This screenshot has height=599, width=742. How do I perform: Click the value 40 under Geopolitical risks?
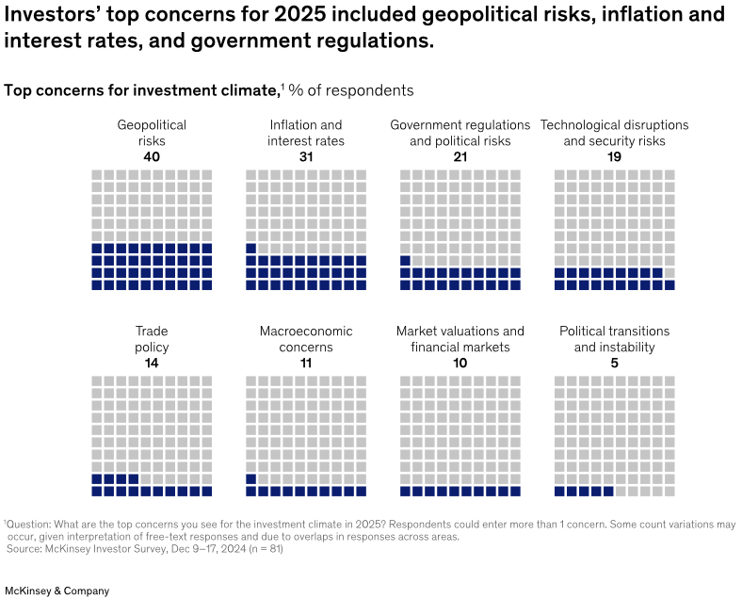coord(151,157)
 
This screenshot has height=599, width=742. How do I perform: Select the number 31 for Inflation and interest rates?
coord(305,157)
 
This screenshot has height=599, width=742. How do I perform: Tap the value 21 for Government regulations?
coord(460,157)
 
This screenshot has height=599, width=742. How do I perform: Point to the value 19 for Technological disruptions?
coord(614,157)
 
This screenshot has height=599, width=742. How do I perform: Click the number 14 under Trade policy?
coord(151,364)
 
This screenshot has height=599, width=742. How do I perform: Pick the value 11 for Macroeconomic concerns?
coord(305,364)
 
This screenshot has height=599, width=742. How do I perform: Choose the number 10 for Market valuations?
coord(460,364)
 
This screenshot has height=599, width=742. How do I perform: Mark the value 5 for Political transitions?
coord(614,364)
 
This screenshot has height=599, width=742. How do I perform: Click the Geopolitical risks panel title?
coord(151,133)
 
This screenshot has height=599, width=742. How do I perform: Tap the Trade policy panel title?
coord(151,339)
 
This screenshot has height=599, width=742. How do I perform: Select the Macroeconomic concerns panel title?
coord(305,339)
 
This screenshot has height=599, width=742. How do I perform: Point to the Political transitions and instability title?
coord(614,339)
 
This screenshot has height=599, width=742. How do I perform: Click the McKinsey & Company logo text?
coord(56,591)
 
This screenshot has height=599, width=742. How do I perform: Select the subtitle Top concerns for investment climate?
coord(141,90)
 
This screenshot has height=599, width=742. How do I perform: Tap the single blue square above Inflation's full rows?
coord(251,249)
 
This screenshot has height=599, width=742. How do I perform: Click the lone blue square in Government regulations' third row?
coord(405,261)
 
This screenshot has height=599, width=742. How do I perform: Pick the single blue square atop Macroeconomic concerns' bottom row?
coord(251,478)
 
